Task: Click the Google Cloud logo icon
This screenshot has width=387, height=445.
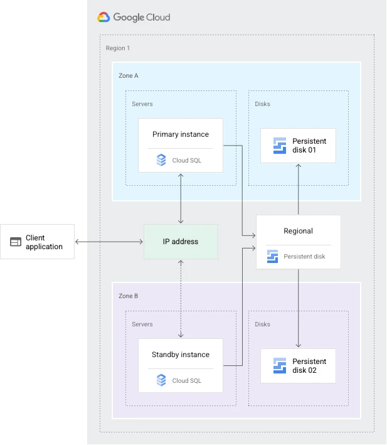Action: click(x=103, y=18)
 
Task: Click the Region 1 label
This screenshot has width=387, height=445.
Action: click(x=118, y=48)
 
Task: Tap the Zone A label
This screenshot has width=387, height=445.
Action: click(x=129, y=75)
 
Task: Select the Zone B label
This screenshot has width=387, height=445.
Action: click(x=129, y=296)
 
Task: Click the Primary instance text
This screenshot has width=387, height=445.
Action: click(x=181, y=134)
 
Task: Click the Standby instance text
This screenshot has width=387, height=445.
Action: click(x=181, y=355)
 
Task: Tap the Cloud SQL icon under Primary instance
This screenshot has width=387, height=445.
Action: click(x=161, y=160)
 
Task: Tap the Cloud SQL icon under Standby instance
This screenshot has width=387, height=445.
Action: click(x=161, y=380)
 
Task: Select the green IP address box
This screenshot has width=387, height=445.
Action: click(x=181, y=242)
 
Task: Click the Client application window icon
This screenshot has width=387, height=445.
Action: click(x=16, y=242)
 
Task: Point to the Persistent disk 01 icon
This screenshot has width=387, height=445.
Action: click(x=280, y=146)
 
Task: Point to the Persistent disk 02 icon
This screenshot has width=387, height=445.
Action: click(x=280, y=366)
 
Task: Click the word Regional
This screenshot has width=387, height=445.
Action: click(x=298, y=231)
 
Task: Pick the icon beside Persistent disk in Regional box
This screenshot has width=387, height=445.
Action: click(x=272, y=256)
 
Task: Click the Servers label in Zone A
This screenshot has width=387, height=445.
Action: click(x=142, y=104)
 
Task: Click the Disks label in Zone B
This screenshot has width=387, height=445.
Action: click(x=263, y=324)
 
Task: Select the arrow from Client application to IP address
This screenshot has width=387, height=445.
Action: click(x=110, y=242)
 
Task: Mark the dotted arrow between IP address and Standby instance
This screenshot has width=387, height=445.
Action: click(x=181, y=299)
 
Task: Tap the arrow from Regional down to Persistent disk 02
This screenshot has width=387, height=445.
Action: click(x=298, y=308)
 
